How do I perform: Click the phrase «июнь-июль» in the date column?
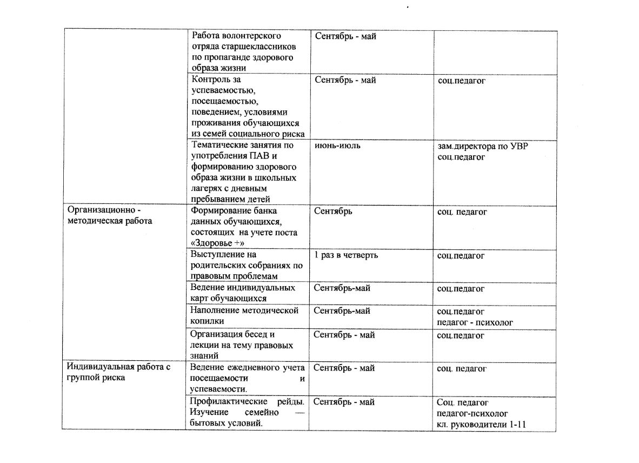click(337, 145)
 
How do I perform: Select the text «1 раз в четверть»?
click(345, 255)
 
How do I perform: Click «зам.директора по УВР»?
click(482, 146)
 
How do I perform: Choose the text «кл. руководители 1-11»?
click(481, 425)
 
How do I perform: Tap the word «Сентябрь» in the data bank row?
click(332, 211)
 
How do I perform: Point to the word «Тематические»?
click(217, 145)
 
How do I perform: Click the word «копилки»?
click(206, 321)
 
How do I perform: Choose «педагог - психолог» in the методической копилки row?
click(475, 322)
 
